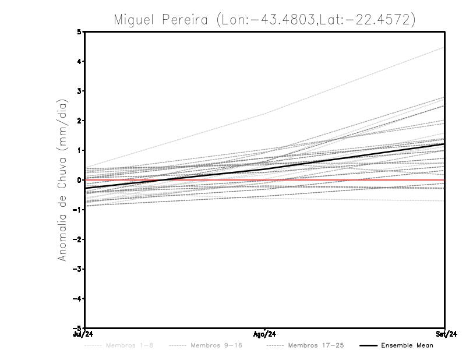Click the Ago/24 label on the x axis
pos(265,334)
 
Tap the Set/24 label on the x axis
pos(445,334)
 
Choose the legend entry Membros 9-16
pos(216,345)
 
